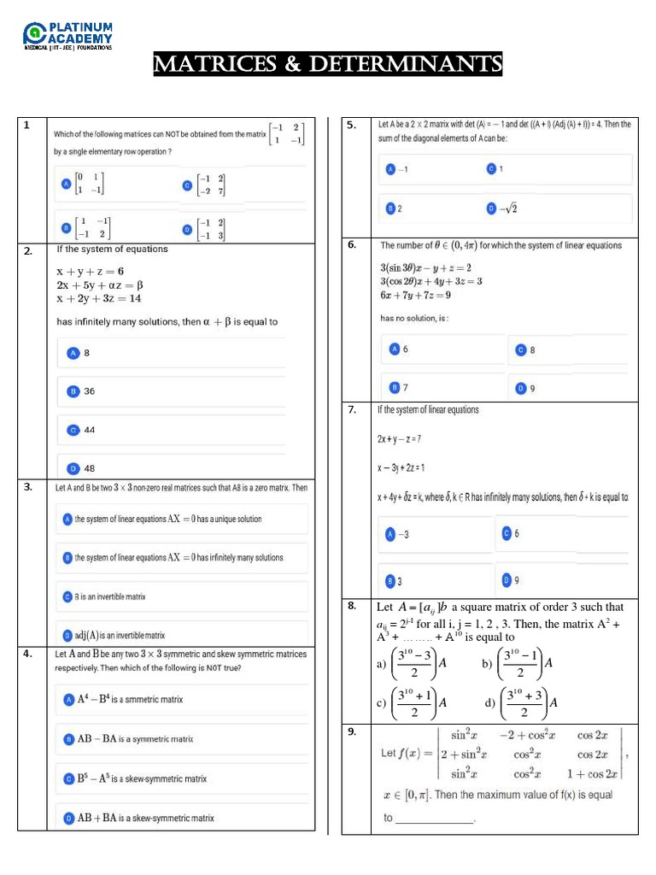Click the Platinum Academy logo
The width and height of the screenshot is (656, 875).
coord(68,35)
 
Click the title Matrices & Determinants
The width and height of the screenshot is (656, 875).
coord(328,64)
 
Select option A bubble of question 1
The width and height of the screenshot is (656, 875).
coord(65,184)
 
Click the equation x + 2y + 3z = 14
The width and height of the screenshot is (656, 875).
coord(99,299)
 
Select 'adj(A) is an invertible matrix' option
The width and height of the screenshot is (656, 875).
coord(120,635)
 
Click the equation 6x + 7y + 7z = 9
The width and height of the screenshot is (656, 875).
coord(416,296)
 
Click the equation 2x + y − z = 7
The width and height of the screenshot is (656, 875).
coord(399,438)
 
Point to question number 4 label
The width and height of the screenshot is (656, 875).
coord(28,654)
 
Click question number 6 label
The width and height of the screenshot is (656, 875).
coord(351,245)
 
